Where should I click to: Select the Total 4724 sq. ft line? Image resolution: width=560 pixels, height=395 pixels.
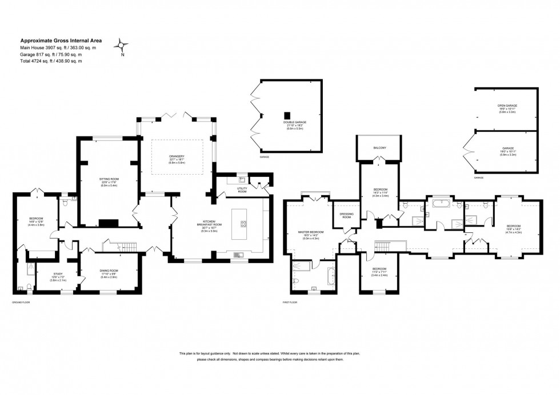pos(51,61)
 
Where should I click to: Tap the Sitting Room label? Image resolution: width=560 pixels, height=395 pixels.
pos(109,180)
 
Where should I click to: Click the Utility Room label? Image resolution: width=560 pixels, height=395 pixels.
pos(242,191)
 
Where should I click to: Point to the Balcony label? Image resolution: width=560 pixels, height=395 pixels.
pos(379,148)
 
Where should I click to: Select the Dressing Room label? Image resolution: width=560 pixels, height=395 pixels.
pos(347,215)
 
